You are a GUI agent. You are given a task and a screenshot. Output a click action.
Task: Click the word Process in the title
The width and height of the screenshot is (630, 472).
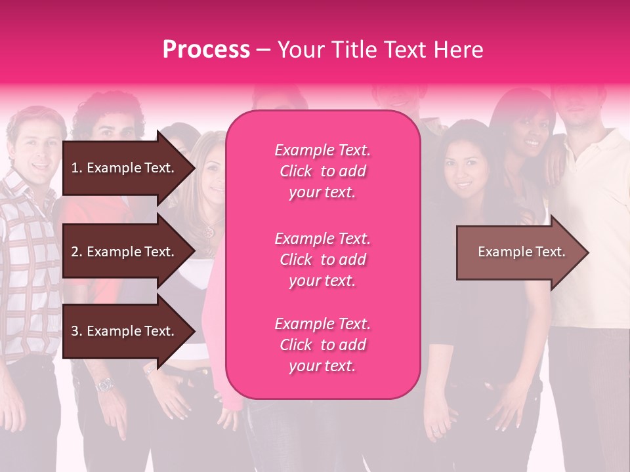point(206,50)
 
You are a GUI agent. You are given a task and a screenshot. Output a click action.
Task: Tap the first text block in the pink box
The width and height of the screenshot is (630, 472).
point(322,171)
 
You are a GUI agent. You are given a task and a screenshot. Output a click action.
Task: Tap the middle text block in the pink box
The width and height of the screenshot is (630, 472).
point(322,260)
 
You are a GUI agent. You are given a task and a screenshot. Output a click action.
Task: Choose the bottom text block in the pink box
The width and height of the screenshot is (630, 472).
point(322,345)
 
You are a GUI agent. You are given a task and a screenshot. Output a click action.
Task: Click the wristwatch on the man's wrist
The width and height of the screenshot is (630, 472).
point(104,385)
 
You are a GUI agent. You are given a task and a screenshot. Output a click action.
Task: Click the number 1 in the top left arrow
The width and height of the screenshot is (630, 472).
point(74,168)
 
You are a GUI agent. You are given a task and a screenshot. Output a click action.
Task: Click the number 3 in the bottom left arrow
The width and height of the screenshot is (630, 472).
point(74,331)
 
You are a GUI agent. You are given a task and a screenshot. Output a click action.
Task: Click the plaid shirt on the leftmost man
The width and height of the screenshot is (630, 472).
point(26,262)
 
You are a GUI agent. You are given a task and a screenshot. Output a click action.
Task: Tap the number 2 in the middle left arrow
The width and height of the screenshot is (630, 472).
point(74,252)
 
